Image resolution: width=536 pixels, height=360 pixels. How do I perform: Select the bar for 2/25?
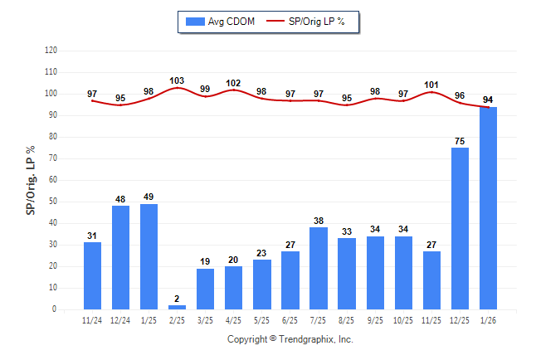tap(177, 307)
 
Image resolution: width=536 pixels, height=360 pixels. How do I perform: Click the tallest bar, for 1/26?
tap(488, 208)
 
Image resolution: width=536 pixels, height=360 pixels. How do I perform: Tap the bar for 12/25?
tap(460, 228)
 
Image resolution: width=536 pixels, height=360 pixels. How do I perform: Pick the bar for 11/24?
tap(93, 275)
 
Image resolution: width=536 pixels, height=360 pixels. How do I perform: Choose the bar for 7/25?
tap(319, 268)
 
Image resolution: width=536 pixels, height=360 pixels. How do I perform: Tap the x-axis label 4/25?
tap(234, 320)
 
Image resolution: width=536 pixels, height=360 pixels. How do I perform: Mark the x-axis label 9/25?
tap(375, 320)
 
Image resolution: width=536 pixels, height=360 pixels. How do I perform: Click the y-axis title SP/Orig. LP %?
tap(31, 179)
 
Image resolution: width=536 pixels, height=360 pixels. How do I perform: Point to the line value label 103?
tap(177, 80)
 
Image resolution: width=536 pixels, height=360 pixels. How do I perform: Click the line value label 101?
tap(431, 84)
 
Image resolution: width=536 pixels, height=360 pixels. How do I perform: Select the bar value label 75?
tap(460, 140)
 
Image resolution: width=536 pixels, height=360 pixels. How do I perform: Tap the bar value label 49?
tap(149, 197)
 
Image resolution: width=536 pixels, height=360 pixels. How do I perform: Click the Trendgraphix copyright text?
tap(290, 339)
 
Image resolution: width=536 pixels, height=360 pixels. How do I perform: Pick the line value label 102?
tap(234, 83)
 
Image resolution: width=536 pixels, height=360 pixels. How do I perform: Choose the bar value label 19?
tap(205, 261)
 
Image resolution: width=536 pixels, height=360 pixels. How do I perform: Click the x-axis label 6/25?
tap(290, 320)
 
